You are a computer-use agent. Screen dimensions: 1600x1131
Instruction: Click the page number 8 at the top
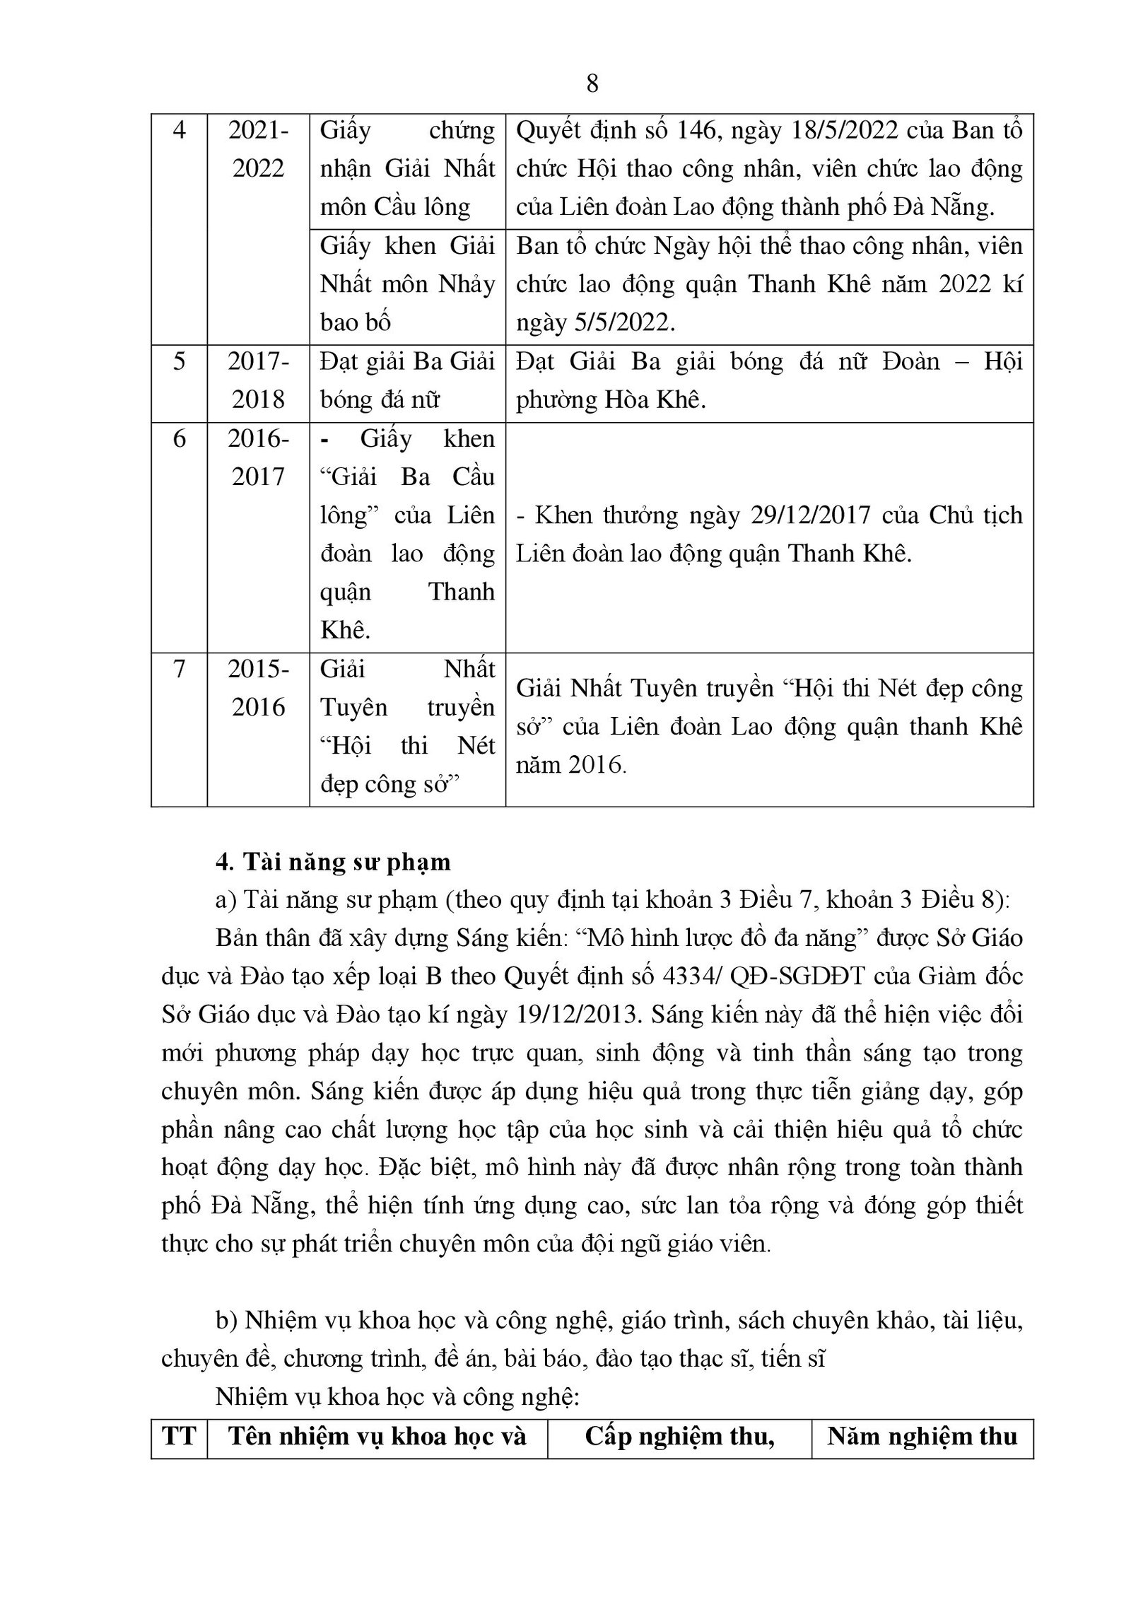click(x=592, y=83)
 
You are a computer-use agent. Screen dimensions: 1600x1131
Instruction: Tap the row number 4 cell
click(x=179, y=132)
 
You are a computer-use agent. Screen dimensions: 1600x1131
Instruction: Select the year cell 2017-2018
click(x=258, y=380)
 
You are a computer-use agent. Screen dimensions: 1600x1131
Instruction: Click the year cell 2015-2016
click(x=258, y=687)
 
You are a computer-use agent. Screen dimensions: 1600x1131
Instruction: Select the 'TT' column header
click(x=179, y=1436)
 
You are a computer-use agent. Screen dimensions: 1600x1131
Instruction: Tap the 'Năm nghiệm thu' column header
click(x=922, y=1436)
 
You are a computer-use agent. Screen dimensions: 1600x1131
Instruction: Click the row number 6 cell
click(x=179, y=438)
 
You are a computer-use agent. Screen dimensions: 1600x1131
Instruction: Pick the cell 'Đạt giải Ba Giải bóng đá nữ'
click(x=407, y=380)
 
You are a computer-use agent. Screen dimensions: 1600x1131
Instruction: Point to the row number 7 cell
click(x=179, y=668)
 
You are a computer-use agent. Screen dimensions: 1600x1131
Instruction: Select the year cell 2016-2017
click(x=258, y=457)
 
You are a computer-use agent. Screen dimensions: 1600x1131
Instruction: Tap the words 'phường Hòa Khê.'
click(x=611, y=400)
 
